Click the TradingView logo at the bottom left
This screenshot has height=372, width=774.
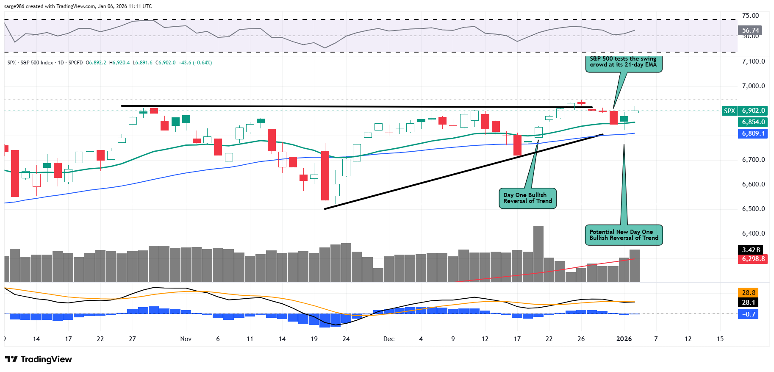(39, 359)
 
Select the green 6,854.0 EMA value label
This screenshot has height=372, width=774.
(753, 122)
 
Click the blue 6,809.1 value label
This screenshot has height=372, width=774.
(753, 133)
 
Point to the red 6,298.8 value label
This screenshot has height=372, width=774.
(753, 259)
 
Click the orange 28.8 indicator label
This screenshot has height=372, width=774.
(748, 292)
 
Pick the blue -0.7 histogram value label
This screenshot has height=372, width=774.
(748, 314)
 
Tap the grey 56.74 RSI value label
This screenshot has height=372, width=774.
(750, 31)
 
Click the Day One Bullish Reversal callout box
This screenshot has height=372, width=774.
(527, 198)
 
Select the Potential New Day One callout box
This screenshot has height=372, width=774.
(624, 235)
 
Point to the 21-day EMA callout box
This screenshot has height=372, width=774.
(623, 64)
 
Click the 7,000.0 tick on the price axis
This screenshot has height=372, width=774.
(753, 86)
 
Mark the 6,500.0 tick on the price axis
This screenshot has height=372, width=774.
(753, 209)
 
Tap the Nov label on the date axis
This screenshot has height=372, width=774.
(186, 339)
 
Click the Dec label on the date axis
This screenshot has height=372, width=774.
(388, 339)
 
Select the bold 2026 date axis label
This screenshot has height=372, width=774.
(624, 339)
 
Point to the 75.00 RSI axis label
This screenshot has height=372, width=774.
(750, 16)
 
